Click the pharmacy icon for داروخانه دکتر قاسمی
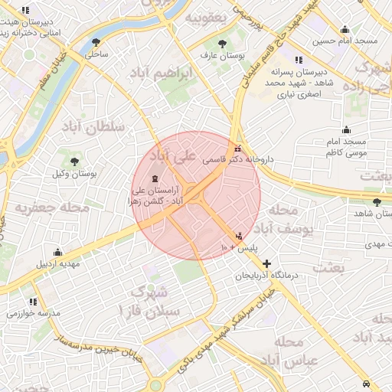pos(237,148)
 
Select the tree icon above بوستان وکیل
pos(74,162)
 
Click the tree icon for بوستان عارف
pos(222,44)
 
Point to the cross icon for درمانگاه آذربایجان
pos(266,263)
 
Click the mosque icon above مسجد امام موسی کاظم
pos(346,129)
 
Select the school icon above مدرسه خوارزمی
pos(33,302)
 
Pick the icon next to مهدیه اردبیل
pos(58,253)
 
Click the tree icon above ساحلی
pos(96,42)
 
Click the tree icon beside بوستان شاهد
pos(377,202)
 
